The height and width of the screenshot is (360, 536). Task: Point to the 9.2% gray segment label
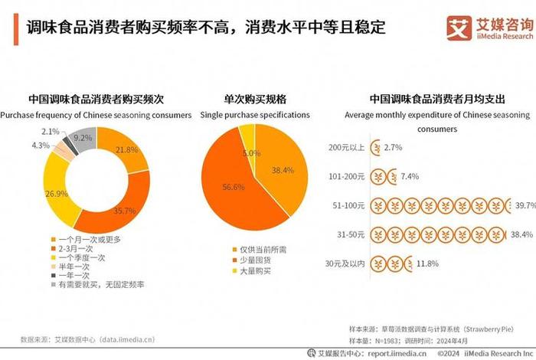(x=83, y=138)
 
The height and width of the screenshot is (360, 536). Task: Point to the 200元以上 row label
(x=345, y=146)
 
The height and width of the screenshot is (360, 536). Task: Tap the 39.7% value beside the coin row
(x=525, y=205)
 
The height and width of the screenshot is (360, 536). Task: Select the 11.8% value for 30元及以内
(x=426, y=264)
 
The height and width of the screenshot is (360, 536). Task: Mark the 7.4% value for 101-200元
(x=410, y=176)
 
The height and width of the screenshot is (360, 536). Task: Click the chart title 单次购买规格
(x=255, y=99)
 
